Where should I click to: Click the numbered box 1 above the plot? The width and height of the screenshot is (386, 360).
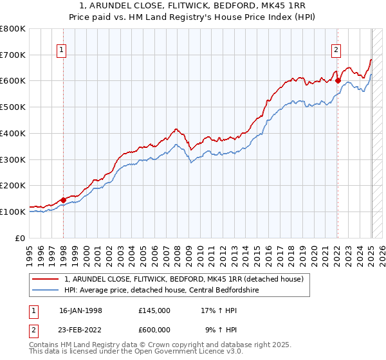61,50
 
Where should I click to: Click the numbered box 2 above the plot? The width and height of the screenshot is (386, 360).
336,50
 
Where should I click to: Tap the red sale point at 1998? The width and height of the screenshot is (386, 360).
63,200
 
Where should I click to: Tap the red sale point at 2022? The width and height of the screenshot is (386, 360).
337,80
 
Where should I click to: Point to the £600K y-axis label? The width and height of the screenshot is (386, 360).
13,81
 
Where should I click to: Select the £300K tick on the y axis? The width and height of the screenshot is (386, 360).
13,159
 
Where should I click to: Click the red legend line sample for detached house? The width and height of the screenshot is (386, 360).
46,279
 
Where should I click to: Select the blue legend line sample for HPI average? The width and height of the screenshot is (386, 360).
46,290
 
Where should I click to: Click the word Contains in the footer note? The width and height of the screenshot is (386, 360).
46,345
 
